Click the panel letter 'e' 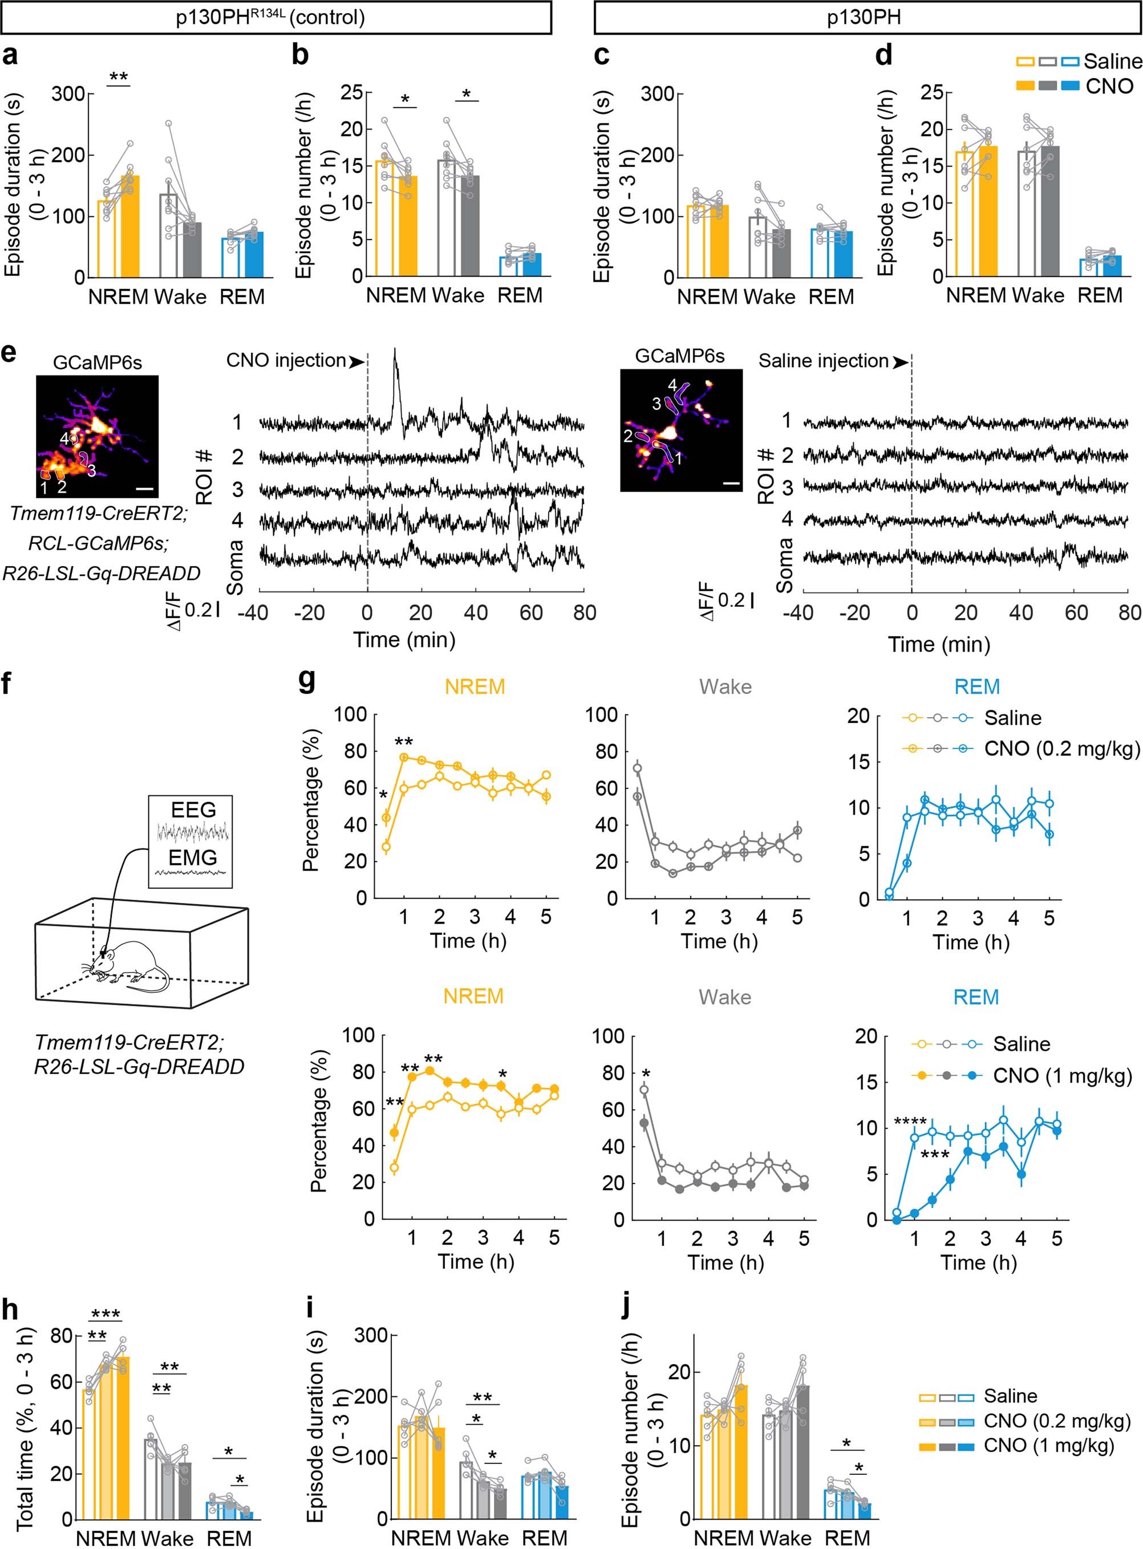pos(9,355)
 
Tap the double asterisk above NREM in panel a pos(118,76)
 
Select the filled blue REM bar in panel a pos(253,254)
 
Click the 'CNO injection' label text pos(286,360)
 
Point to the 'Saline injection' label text pos(824,361)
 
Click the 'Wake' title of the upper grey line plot pos(724,686)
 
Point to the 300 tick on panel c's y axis pos(657,94)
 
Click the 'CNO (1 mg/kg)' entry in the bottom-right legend pos(1049,1445)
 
